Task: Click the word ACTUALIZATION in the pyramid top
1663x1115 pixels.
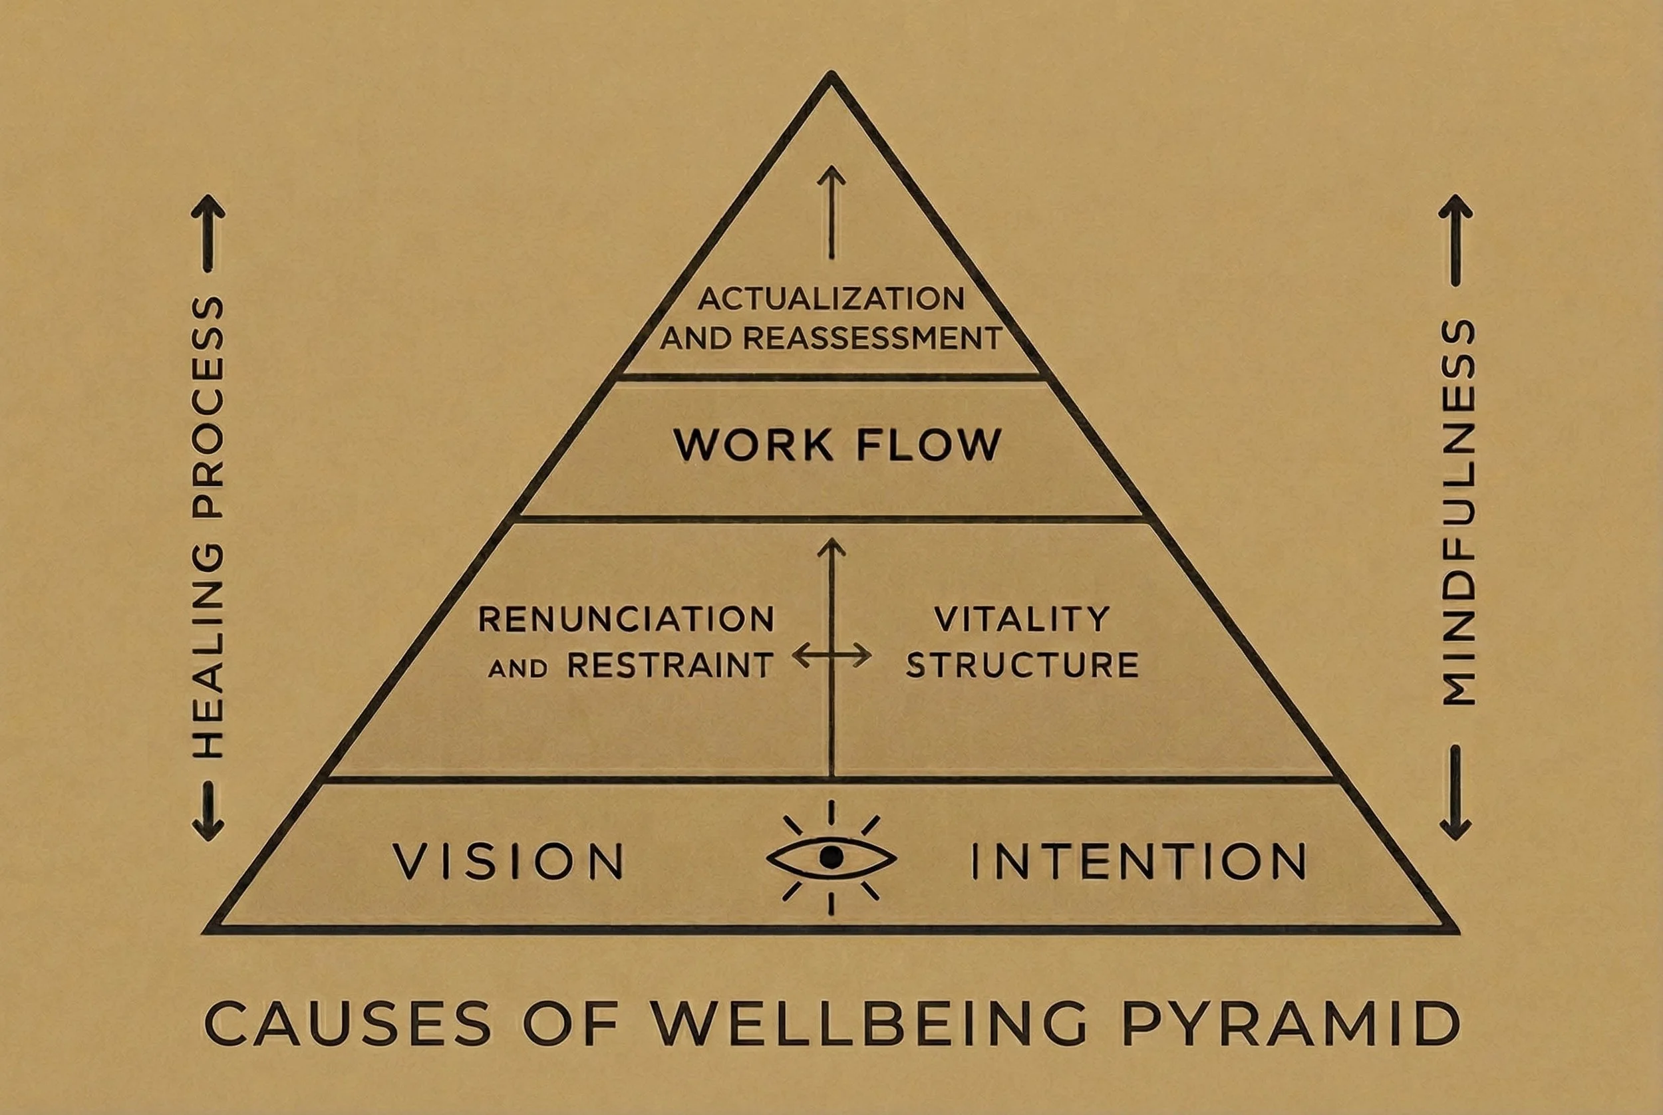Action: pos(831,299)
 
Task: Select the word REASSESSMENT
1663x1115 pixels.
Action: pos(872,338)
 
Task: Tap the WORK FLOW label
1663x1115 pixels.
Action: pos(837,445)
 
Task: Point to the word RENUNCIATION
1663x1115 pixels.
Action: pos(626,620)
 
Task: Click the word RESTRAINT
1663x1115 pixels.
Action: pos(670,666)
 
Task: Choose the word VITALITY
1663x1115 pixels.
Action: pos(1022,620)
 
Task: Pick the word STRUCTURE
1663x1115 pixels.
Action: pos(1022,666)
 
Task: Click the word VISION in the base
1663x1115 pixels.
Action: pos(509,862)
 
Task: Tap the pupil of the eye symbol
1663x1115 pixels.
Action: pos(831,857)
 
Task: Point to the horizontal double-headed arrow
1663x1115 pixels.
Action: pos(831,655)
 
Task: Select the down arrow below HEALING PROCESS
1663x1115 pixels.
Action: pos(208,810)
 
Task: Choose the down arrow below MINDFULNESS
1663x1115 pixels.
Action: pos(1455,793)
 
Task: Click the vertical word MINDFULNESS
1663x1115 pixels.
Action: pos(1457,512)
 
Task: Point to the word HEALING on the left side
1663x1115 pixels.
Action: pos(208,651)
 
